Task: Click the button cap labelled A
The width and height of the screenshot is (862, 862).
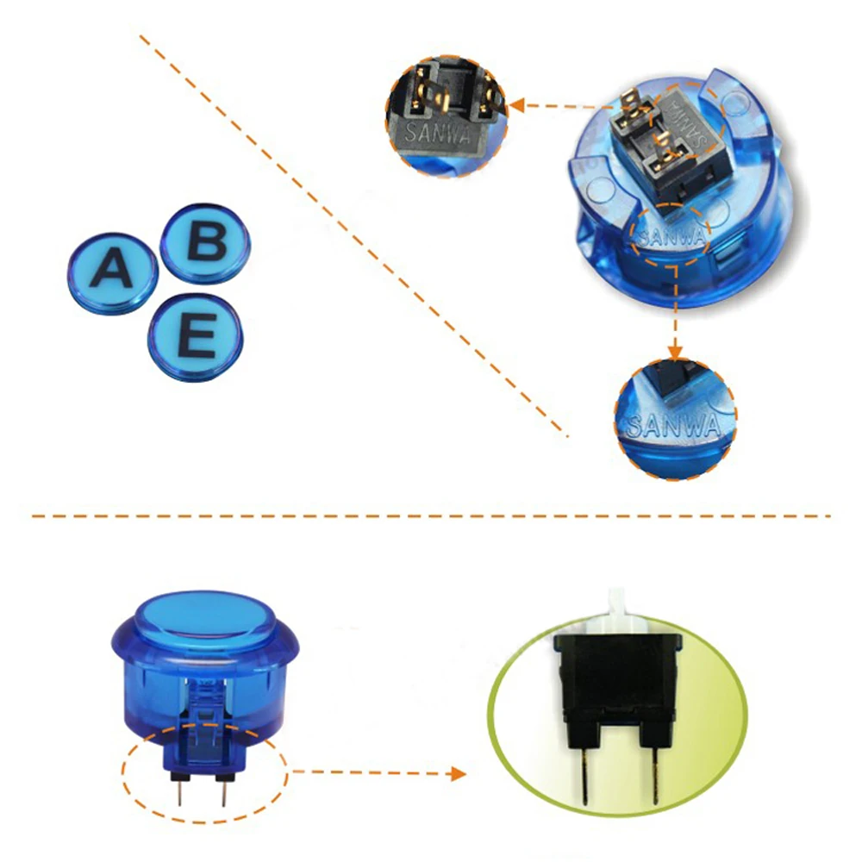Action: (113, 273)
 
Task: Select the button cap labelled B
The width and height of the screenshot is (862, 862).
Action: (205, 244)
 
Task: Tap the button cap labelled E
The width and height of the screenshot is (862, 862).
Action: (195, 337)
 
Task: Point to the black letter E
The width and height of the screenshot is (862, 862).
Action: (197, 335)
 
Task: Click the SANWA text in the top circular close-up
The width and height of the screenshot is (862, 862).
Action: (438, 133)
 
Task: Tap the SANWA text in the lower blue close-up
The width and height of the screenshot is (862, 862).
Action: (673, 424)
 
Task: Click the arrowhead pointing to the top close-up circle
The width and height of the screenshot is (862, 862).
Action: (516, 105)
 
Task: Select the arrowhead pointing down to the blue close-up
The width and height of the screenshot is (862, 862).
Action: (675, 352)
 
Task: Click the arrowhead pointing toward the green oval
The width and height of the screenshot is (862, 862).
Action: (459, 773)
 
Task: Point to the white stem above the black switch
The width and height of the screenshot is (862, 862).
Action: (619, 611)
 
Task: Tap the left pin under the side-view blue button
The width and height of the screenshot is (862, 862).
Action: (179, 792)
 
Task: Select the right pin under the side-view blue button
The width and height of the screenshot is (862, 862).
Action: (223, 792)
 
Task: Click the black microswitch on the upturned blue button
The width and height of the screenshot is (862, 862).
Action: (666, 141)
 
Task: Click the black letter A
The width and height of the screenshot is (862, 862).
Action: (112, 268)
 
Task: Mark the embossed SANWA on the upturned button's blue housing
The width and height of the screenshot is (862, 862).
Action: (671, 236)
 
